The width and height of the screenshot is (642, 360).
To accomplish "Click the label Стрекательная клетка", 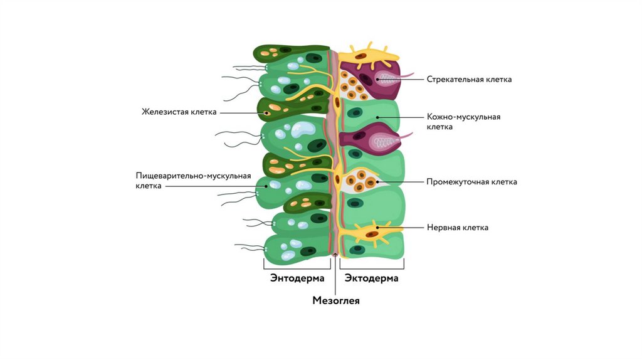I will [x=469, y=80].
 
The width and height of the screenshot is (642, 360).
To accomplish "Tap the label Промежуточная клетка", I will [x=471, y=182].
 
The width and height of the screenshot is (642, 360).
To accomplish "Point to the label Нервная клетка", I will [x=457, y=228].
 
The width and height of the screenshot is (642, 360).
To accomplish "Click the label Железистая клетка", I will [x=179, y=112].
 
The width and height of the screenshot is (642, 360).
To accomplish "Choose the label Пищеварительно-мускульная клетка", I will [x=193, y=181].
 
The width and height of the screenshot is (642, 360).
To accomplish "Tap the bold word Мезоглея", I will [x=336, y=301].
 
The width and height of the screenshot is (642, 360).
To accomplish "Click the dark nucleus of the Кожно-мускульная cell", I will [x=356, y=113].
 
